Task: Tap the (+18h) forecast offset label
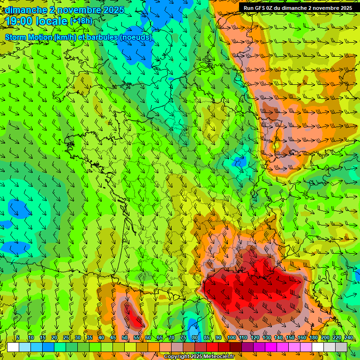82,21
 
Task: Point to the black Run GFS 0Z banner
299,7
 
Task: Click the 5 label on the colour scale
17,338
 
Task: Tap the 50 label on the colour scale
124,338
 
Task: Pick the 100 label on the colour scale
232,338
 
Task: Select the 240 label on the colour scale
348,338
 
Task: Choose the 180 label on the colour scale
313,338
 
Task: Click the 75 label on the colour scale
183,338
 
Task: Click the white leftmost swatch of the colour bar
13,347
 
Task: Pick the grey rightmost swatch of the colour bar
341,347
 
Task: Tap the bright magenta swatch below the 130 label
271,347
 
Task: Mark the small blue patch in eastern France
240,162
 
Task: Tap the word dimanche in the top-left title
25,10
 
